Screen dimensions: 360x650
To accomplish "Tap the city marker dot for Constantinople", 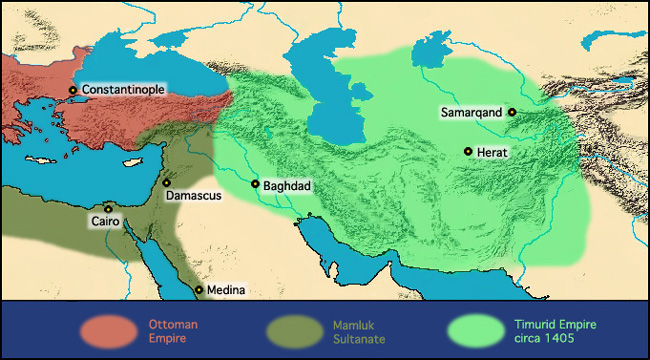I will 73,90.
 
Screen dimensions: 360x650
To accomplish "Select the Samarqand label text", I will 471,113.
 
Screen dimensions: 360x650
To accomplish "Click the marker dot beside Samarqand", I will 511,113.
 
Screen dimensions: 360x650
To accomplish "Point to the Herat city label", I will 493,151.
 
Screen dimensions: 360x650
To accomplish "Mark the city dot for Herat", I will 467,151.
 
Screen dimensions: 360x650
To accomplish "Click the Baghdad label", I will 288,185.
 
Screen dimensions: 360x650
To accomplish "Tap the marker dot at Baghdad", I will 255,184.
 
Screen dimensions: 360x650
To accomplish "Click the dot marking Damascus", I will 166,183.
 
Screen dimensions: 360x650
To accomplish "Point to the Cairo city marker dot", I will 108,209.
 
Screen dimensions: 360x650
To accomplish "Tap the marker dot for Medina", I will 199,290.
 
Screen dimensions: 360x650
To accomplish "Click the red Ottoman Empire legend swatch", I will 107,330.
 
